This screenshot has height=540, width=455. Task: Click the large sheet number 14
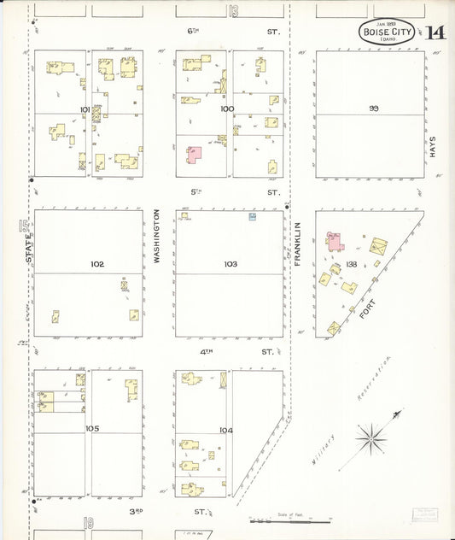coord(435,32)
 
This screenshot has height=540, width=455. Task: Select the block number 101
coord(85,109)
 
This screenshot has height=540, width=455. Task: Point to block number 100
coord(226,109)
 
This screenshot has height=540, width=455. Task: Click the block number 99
coord(373,108)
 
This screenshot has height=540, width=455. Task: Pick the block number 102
coord(97,264)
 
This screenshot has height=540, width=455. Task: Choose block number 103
coord(230,264)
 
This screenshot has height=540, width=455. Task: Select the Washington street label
coord(158,235)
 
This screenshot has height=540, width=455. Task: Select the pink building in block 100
coord(195,155)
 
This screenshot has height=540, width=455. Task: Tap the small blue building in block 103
coord(254,217)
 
